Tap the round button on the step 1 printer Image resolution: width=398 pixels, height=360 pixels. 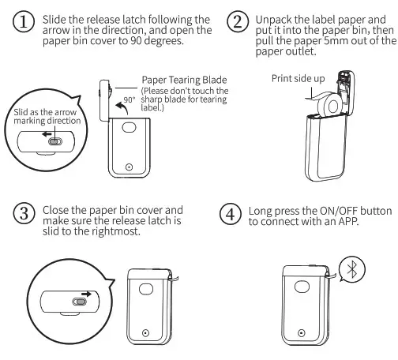click(x=129, y=167)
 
